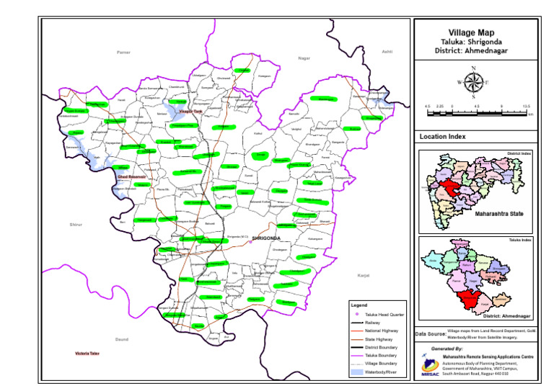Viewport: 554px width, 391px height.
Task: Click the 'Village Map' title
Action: pos(472,32)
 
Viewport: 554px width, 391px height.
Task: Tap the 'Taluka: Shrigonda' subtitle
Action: pos(472,42)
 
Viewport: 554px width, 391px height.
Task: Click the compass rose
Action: pos(473,82)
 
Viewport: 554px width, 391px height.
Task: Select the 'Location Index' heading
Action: pos(443,136)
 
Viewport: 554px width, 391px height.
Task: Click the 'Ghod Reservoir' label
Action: pos(131,176)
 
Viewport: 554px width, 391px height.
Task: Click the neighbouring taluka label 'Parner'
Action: pos(123,53)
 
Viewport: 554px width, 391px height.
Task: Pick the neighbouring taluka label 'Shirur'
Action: pos(76,225)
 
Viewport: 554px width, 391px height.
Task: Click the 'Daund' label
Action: pos(121,338)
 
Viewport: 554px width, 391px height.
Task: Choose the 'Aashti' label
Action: pos(387,52)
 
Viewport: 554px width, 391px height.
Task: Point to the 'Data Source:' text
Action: pos(430,333)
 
